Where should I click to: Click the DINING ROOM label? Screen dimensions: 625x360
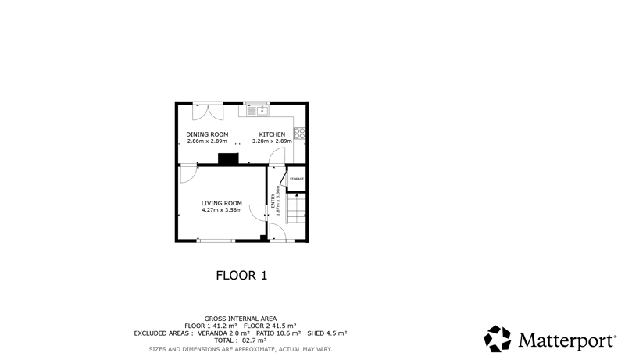click(x=207, y=134)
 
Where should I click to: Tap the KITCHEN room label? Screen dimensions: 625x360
click(x=272, y=134)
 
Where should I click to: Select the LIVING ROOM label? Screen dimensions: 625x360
click(x=222, y=203)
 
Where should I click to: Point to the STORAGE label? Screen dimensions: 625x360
click(x=297, y=179)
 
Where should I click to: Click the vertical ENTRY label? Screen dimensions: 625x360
click(x=273, y=201)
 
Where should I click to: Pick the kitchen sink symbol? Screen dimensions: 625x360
click(x=258, y=110)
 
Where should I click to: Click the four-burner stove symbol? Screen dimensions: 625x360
click(x=300, y=133)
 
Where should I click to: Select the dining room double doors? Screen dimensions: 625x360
click(x=208, y=111)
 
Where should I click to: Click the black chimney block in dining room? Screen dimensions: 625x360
click(x=228, y=159)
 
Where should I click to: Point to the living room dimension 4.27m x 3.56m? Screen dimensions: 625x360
click(x=222, y=210)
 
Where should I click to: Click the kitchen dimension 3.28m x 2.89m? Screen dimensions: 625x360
click(x=272, y=141)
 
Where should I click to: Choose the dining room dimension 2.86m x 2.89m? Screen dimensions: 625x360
click(x=207, y=141)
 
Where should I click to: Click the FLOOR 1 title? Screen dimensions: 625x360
click(x=241, y=275)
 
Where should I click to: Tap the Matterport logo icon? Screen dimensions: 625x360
click(x=498, y=339)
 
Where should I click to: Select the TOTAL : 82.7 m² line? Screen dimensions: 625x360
click(x=241, y=340)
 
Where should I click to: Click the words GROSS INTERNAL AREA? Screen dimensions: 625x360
click(x=241, y=319)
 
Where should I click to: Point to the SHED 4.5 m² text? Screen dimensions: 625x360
click(x=327, y=333)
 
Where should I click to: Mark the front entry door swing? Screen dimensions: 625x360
click(x=277, y=232)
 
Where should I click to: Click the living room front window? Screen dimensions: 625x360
click(x=216, y=241)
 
